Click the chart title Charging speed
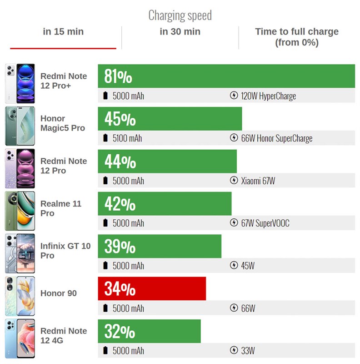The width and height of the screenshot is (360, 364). tap(180, 15)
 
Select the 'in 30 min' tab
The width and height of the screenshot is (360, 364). tap(180, 32)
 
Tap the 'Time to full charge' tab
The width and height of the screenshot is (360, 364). tap(296, 37)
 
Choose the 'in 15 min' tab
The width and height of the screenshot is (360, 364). tap(63, 32)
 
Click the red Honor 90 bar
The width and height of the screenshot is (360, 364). tap(152, 288)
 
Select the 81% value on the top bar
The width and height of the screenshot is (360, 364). tap(118, 76)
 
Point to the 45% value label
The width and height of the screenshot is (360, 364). tap(120, 119)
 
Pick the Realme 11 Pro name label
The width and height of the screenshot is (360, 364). tap(60, 208)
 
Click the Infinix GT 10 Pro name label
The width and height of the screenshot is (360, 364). tap(65, 251)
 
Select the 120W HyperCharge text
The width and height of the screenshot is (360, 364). tap(268, 96)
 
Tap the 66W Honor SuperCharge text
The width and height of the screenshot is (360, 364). tap(276, 138)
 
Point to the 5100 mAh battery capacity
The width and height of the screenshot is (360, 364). tap(127, 138)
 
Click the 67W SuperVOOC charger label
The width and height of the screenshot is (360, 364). tap(265, 223)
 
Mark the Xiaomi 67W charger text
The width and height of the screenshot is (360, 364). tap(258, 181)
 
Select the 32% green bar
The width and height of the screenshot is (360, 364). tap(149, 331)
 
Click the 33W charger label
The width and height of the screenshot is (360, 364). tap(248, 351)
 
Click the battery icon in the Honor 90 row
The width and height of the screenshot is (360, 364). tap(106, 308)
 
